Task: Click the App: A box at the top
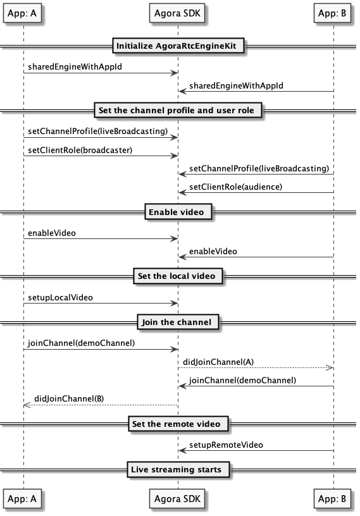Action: point(22,13)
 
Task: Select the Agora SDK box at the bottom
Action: point(177,499)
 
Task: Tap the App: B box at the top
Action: point(332,13)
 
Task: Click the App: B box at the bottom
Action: point(332,499)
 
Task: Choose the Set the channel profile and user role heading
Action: point(177,110)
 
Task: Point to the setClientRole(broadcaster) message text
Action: point(80,150)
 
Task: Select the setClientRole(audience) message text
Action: point(236,187)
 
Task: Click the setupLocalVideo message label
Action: point(60,297)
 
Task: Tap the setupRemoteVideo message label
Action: point(226,445)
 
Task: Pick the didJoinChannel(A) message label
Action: point(218,362)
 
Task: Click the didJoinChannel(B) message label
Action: point(69,399)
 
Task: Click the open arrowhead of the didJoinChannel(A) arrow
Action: point(330,367)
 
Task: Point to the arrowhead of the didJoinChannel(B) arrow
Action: point(27,405)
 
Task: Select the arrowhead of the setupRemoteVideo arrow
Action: point(182,450)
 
